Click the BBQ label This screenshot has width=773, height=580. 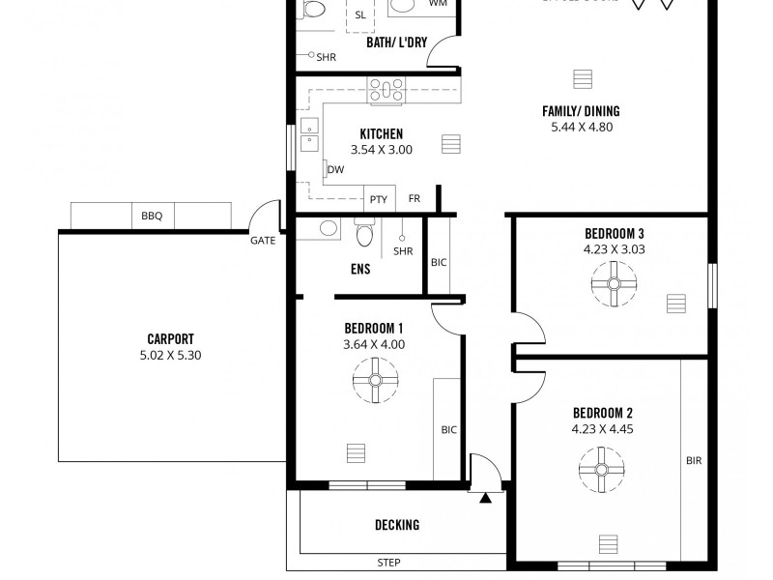(152, 217)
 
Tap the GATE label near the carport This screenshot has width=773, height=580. (263, 241)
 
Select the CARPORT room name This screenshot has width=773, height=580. (170, 339)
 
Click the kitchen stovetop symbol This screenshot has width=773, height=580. (386, 91)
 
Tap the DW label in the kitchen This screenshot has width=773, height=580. (336, 170)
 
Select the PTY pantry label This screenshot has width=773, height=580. (378, 199)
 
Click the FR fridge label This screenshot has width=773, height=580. (415, 199)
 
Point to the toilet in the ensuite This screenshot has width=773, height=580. (364, 233)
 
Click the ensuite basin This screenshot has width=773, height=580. (329, 229)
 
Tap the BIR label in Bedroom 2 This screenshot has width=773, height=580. (693, 461)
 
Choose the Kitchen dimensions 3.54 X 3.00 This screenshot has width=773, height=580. (381, 150)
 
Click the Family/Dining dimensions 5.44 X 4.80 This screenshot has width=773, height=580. (581, 127)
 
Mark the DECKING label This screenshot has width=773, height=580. (397, 526)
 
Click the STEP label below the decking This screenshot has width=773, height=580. (388, 563)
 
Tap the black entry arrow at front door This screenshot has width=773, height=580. (485, 499)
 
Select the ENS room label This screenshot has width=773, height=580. (359, 270)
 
